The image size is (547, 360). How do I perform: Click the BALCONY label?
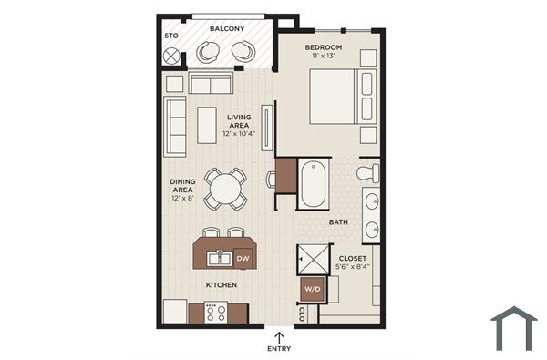[x=227, y=28]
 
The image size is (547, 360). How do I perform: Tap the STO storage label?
[x=170, y=36]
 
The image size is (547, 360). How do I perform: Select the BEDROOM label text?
[x=324, y=46]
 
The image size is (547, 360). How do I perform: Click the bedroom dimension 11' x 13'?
[x=324, y=57]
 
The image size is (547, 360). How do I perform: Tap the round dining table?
[x=224, y=189]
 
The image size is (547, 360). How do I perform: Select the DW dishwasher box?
[x=243, y=259]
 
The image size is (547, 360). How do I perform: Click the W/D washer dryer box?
[x=312, y=290]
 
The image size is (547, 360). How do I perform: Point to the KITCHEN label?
[x=222, y=285]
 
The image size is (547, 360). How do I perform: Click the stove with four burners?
[x=216, y=312]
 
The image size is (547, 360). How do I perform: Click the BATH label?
[x=338, y=221]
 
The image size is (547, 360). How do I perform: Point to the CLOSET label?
[x=354, y=258]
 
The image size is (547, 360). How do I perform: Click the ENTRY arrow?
[x=278, y=336]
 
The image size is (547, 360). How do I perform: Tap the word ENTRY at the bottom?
[x=279, y=348]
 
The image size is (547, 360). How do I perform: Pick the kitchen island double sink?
[x=219, y=259]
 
